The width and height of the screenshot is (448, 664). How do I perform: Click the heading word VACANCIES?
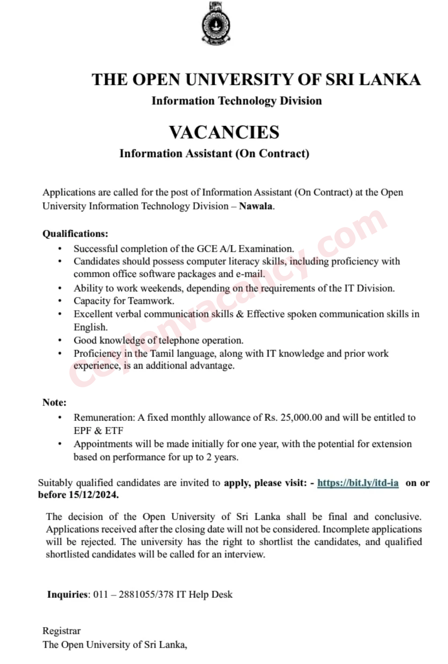[x=224, y=132]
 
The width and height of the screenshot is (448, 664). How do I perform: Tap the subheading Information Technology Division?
[x=236, y=101]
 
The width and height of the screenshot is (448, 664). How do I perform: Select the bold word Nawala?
[x=256, y=206]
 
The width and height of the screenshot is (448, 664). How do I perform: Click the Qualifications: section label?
[x=75, y=233]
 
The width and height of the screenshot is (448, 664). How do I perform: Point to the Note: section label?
[x=54, y=402]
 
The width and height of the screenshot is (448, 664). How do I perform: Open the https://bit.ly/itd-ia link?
[x=358, y=483]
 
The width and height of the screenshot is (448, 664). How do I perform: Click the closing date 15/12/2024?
[x=93, y=495]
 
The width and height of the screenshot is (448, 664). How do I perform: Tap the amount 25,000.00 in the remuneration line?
[x=301, y=417]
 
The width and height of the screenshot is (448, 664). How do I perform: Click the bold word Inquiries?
[x=68, y=594]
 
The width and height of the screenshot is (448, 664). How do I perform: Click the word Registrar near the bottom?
[x=61, y=630]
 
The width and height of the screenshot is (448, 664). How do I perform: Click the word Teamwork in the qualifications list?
[x=151, y=301]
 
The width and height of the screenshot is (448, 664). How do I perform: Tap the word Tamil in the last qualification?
[x=162, y=353]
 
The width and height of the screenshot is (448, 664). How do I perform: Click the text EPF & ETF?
[x=99, y=430]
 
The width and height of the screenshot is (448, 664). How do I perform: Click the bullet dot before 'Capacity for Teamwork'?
[x=60, y=301]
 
